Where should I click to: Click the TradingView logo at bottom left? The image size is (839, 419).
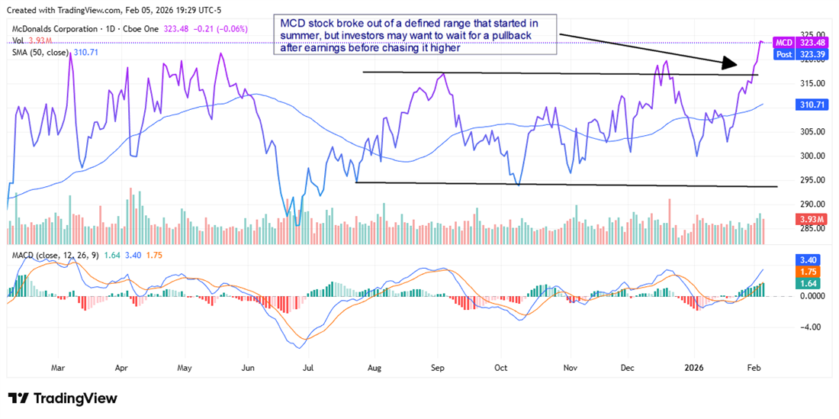63,398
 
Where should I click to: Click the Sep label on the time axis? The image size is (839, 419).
437,367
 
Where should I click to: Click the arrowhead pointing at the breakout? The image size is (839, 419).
731,65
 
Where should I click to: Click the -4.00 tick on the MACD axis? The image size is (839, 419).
791,327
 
